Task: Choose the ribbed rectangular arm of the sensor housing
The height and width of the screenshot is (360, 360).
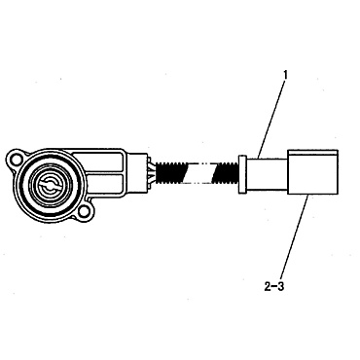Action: click(107, 171)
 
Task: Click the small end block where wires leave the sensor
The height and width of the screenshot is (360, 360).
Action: click(137, 173)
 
